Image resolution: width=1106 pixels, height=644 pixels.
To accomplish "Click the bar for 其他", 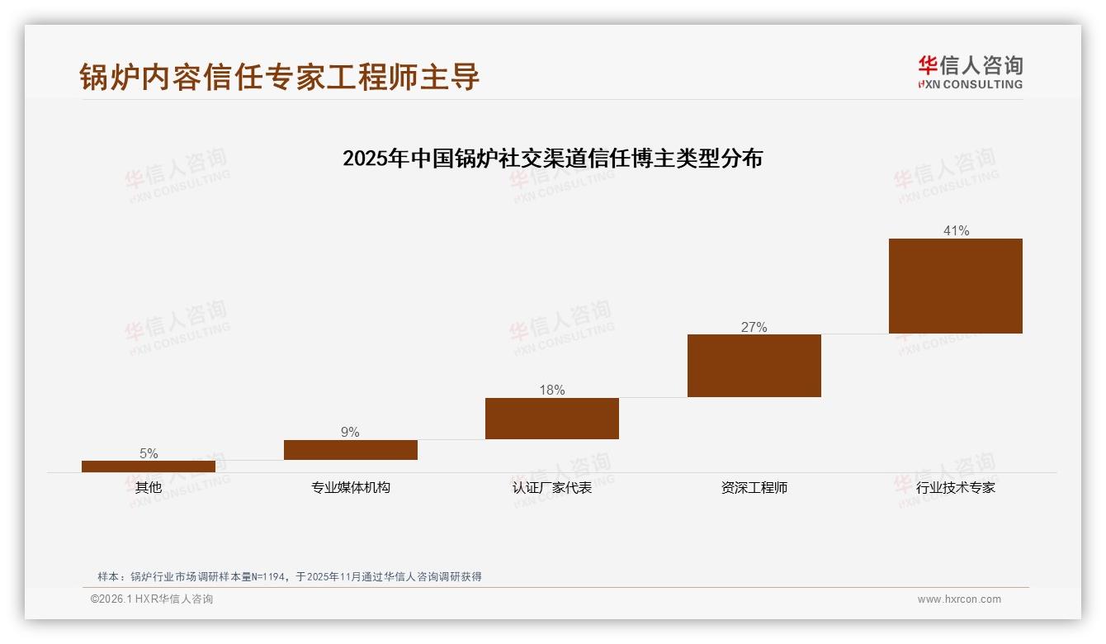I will (149, 466).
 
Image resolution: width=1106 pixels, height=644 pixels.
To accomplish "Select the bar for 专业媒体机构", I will (351, 450).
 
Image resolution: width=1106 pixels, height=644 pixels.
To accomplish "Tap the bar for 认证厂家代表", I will (552, 419).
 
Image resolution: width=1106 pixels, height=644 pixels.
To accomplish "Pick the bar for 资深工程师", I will (754, 366).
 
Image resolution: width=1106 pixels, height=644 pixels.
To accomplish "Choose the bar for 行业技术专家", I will (956, 286).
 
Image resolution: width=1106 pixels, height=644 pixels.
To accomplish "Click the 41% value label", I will (957, 231).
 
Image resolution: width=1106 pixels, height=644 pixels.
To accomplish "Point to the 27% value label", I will (754, 327).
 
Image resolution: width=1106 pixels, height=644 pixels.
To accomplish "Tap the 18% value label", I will (552, 391).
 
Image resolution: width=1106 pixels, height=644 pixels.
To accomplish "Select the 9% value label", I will (350, 433).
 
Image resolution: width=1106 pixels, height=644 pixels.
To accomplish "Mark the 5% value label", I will (149, 453).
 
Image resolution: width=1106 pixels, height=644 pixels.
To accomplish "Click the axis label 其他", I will (149, 487).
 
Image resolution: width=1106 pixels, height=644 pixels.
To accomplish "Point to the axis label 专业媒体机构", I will (351, 487).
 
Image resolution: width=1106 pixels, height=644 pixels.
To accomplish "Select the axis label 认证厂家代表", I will (552, 487).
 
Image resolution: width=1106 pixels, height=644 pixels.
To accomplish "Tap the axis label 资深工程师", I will (754, 487).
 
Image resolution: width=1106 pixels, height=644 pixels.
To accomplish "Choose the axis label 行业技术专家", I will (956, 487).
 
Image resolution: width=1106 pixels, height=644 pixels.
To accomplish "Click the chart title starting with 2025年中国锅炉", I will (552, 158).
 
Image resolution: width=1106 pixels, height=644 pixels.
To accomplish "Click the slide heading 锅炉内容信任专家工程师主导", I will (280, 77).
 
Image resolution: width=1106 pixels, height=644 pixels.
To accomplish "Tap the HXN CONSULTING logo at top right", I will (971, 72).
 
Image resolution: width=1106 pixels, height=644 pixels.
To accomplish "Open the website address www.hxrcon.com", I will (959, 599).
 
